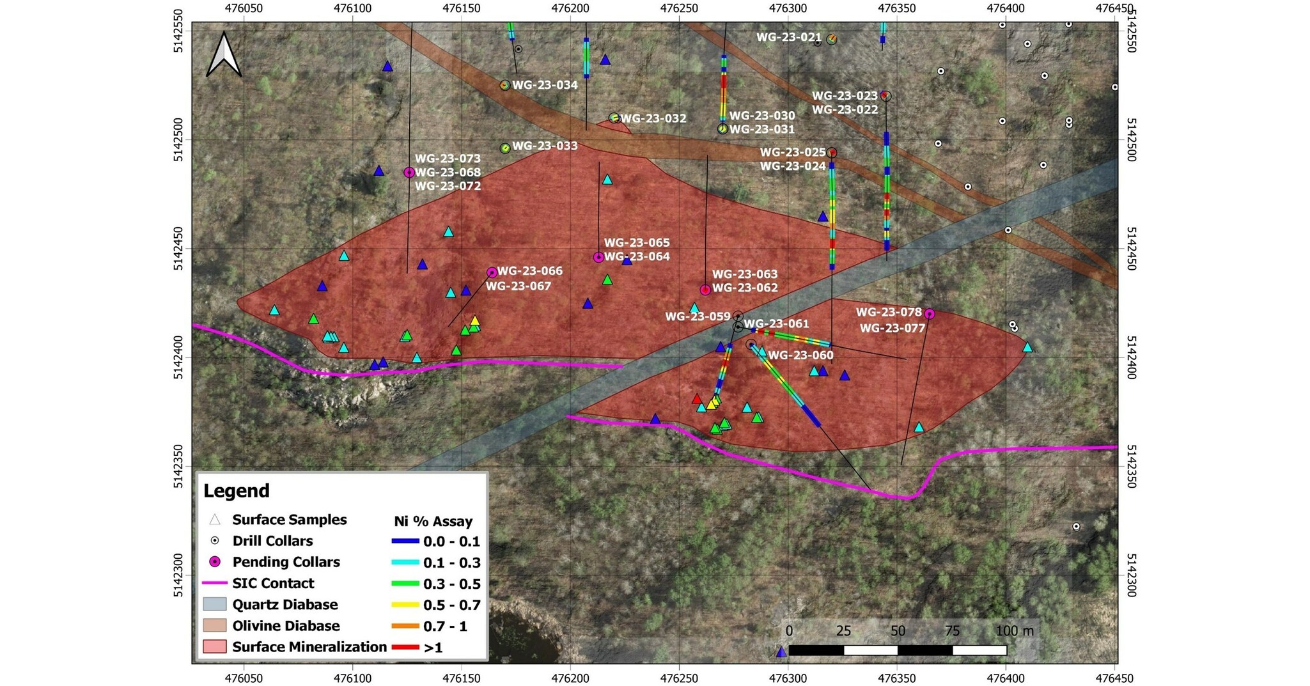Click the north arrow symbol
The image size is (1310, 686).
coord(224,56)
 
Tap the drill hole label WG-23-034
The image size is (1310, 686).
coord(545,85)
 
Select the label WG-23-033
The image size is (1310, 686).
coord(545,146)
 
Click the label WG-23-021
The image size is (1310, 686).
coord(788,37)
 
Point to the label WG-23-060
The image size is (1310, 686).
coord(800,355)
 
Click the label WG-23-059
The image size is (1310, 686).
coord(698,316)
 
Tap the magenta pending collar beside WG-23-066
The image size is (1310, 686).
coord(492,272)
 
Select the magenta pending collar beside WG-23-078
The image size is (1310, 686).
coord(930,314)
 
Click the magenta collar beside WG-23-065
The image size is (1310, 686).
coord(598,258)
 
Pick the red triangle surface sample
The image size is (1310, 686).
coord(697,399)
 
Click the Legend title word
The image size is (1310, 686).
coord(237,491)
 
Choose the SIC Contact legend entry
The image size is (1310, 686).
coord(273,583)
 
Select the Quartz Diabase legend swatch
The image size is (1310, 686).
coord(214,605)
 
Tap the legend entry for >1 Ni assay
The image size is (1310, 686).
coord(433,648)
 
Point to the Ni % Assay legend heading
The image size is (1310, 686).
coord(433,521)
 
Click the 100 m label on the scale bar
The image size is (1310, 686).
coord(1015,631)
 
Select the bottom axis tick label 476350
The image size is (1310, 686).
coord(897,678)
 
